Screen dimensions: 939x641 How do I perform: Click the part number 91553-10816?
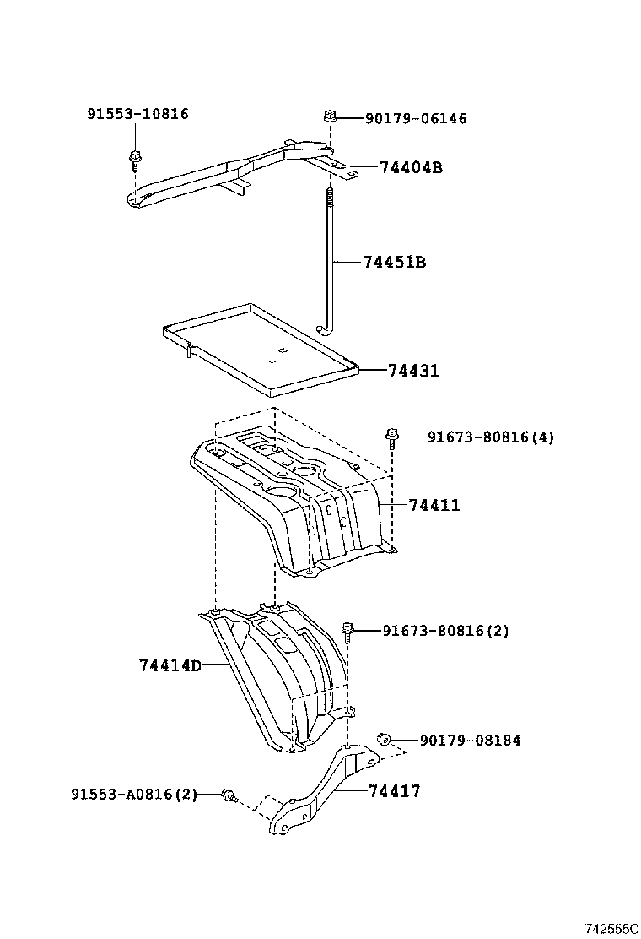click(x=137, y=115)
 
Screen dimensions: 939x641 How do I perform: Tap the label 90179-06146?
click(x=415, y=119)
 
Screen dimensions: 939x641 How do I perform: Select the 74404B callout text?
click(x=411, y=168)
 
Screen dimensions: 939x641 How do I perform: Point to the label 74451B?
click(x=394, y=263)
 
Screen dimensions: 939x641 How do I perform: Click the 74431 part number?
click(x=414, y=371)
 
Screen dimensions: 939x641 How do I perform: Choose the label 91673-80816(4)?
click(x=490, y=437)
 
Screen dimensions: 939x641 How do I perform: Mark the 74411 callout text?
click(x=434, y=505)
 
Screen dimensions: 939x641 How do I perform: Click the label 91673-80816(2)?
click(x=445, y=630)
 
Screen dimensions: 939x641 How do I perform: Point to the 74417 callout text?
click(x=394, y=791)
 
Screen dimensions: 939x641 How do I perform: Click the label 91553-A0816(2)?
click(x=134, y=794)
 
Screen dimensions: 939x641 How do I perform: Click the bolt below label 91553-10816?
click(x=134, y=156)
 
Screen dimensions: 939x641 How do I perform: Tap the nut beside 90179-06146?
click(x=331, y=116)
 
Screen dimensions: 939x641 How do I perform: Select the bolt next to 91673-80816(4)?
click(x=391, y=436)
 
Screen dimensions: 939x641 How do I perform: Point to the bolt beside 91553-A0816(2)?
click(x=228, y=794)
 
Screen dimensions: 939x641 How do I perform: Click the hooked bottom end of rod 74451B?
click(x=320, y=330)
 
